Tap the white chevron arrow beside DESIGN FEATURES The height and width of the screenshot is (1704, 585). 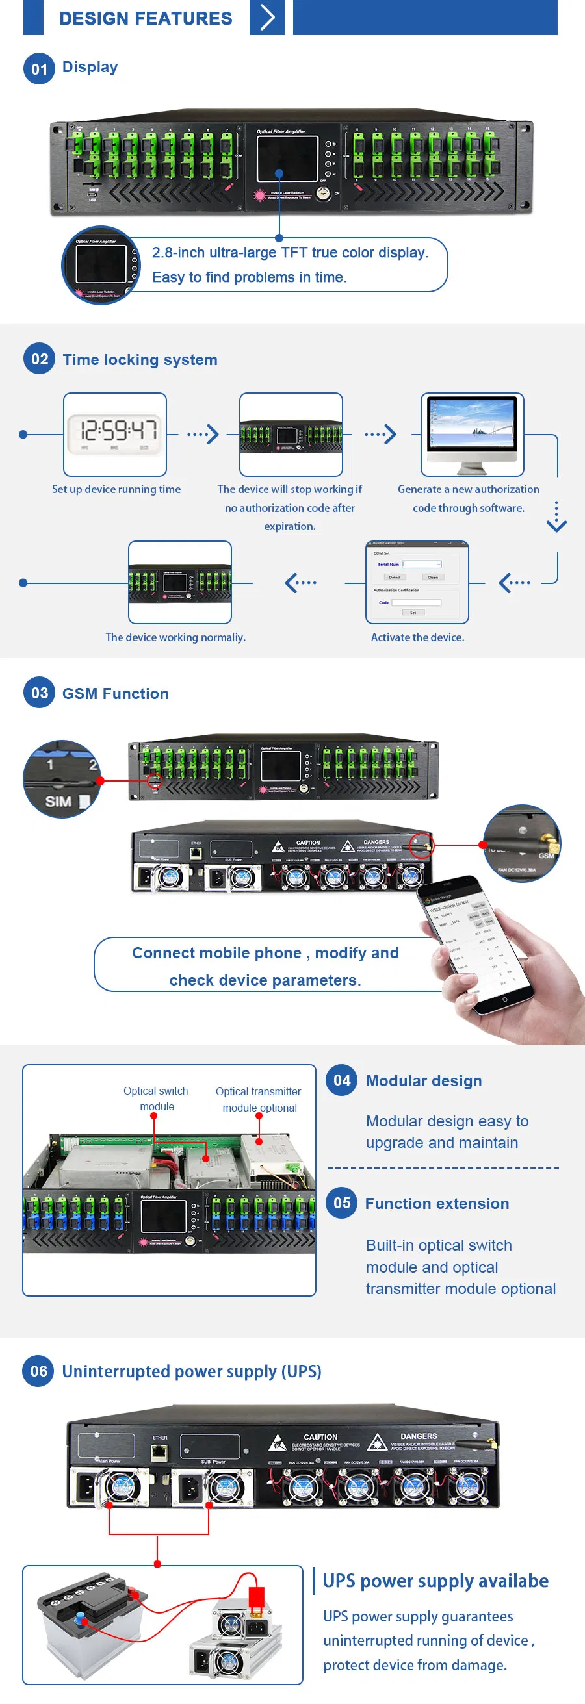(x=266, y=17)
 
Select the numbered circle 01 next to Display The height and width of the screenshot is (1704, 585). (x=39, y=68)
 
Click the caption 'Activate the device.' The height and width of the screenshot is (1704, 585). (x=417, y=637)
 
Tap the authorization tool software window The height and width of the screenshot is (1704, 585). (x=417, y=582)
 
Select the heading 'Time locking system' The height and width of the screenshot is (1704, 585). (x=140, y=360)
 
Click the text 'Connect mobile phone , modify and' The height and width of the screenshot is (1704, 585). (x=265, y=952)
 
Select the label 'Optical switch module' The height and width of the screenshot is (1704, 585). (x=155, y=1098)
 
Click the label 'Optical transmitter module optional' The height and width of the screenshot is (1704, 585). (x=258, y=1099)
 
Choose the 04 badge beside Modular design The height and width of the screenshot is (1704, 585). (x=341, y=1080)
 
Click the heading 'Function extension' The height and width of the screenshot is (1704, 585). (x=437, y=1203)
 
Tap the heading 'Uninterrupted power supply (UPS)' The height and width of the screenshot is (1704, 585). (x=191, y=1371)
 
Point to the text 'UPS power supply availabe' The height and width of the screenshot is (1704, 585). (x=435, y=1581)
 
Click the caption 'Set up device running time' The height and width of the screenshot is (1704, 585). (x=116, y=489)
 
